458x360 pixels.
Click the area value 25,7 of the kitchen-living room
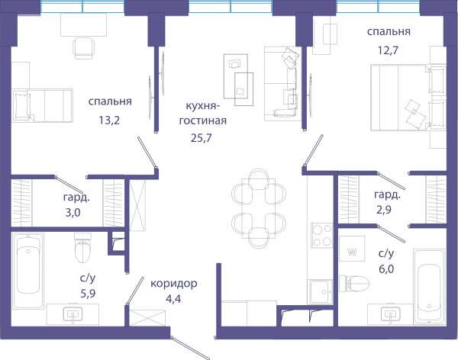pyautogui.click(x=202, y=138)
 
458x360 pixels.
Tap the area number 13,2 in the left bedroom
pyautogui.click(x=109, y=120)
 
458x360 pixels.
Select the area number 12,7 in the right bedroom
pyautogui.click(x=388, y=50)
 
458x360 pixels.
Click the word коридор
pyautogui.click(x=174, y=283)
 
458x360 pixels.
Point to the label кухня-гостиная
pyautogui.click(x=203, y=113)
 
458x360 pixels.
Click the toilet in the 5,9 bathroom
pyautogui.click(x=83, y=247)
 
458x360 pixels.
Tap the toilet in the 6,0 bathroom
pyautogui.click(x=354, y=283)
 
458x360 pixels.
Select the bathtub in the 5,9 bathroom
pyautogui.click(x=28, y=270)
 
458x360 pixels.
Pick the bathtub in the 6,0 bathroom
pyautogui.click(x=429, y=287)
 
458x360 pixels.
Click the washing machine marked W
pyautogui.click(x=352, y=249)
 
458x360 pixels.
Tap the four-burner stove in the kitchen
pyautogui.click(x=322, y=236)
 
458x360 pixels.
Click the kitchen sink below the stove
pyautogui.click(x=320, y=291)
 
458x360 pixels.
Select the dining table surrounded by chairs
pyautogui.click(x=259, y=208)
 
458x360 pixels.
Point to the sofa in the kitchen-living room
pyautogui.click(x=283, y=83)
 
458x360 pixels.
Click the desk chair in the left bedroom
pyautogui.click(x=84, y=48)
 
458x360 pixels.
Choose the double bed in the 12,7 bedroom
pyautogui.click(x=408, y=98)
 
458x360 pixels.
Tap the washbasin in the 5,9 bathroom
pyautogui.click(x=73, y=314)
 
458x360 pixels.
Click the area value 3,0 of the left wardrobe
pyautogui.click(x=73, y=213)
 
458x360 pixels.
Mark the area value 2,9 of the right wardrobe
pyautogui.click(x=384, y=210)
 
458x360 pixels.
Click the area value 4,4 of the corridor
pyautogui.click(x=173, y=299)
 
